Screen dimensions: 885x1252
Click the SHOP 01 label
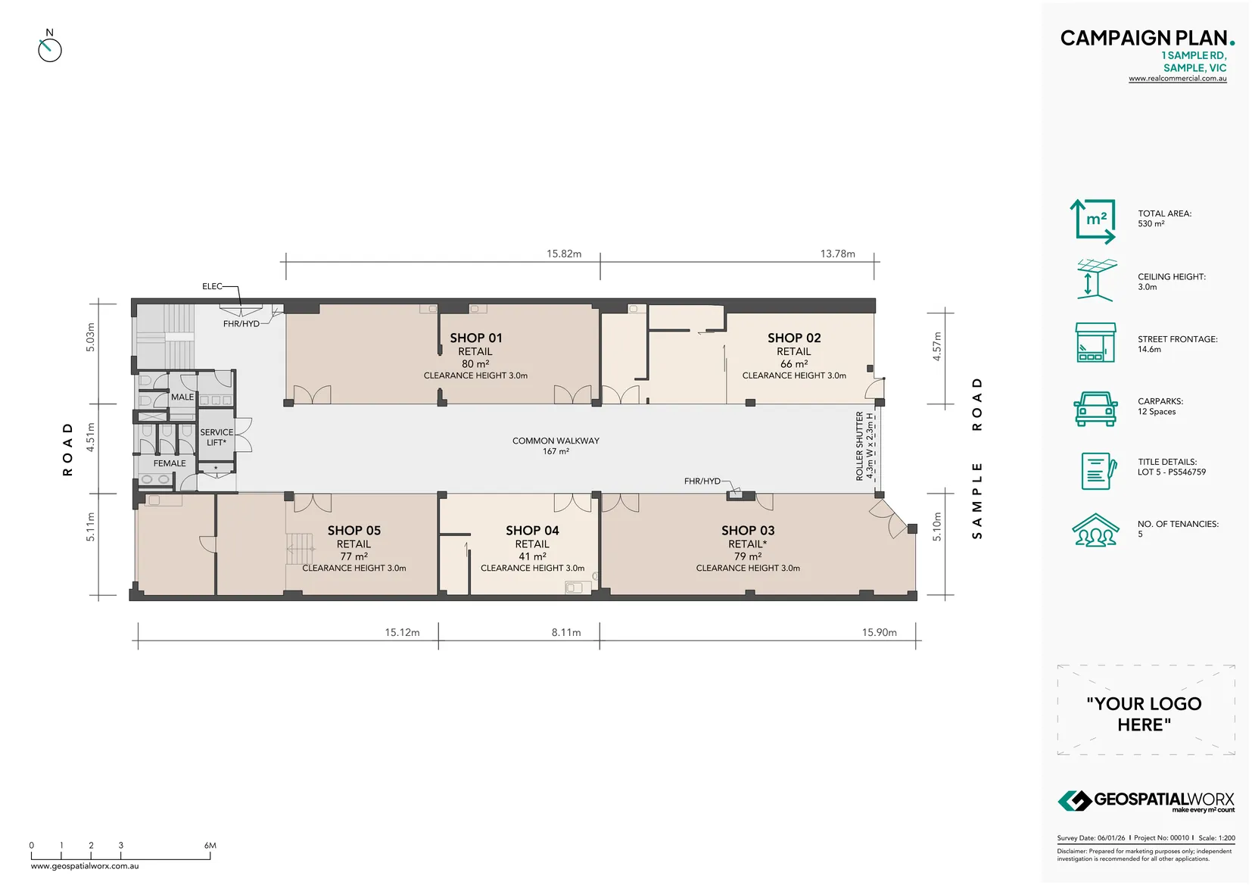coord(475,338)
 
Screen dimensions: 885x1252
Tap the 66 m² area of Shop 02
coord(793,364)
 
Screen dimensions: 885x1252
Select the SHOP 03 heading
coord(747,531)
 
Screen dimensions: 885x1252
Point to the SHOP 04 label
coord(532,531)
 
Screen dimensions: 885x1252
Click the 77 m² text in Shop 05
coord(353,556)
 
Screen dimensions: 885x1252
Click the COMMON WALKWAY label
coord(556,441)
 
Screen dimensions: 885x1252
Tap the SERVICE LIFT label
coord(216,438)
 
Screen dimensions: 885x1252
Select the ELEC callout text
coord(212,286)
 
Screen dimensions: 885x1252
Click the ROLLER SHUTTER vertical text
coord(860,447)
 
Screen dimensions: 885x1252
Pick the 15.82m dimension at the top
coord(564,254)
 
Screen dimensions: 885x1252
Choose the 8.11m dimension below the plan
coord(565,632)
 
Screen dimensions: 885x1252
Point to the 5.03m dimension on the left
coord(90,337)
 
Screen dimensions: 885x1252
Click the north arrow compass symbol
coord(49,49)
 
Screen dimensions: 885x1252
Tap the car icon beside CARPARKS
coord(1095,409)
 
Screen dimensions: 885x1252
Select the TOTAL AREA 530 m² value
coord(1151,224)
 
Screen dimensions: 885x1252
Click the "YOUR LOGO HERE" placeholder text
coord(1144,714)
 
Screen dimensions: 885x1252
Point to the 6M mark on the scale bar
coord(210,846)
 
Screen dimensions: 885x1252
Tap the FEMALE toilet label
coord(170,463)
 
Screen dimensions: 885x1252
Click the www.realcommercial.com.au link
coord(1177,79)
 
